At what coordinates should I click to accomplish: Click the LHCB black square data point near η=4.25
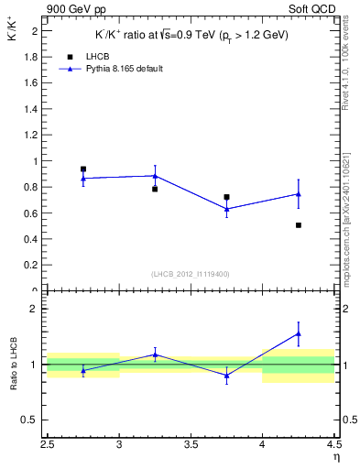[299, 224]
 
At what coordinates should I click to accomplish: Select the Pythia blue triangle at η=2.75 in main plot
[83, 178]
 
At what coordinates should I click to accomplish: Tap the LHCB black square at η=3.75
[226, 197]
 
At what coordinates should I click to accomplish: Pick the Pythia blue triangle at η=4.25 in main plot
[299, 194]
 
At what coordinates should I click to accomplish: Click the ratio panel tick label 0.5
[30, 420]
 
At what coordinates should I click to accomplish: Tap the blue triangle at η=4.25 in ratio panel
[299, 333]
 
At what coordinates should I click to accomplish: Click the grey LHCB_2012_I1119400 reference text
[190, 273]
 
